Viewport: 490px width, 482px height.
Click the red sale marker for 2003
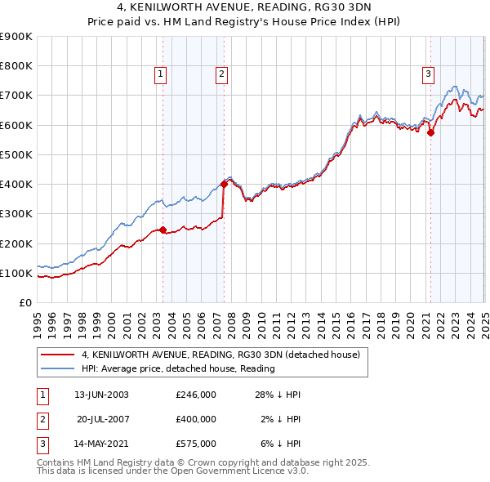point(163,230)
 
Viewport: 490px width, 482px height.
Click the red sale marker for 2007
point(224,184)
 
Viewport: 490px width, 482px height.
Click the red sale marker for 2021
point(430,133)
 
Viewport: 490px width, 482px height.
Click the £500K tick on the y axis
point(16,154)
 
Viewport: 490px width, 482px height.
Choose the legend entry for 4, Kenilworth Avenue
point(225,355)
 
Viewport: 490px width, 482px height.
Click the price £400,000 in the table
point(196,419)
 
